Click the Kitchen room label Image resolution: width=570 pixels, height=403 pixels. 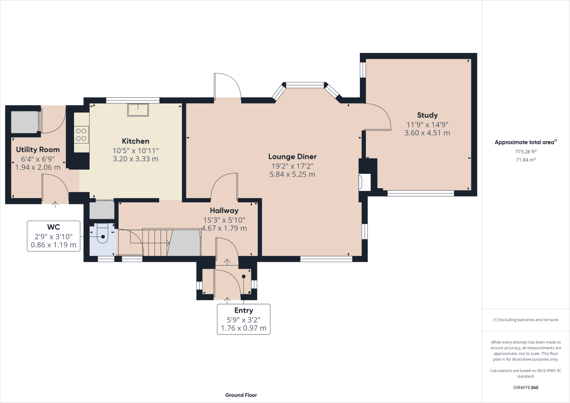tap(136, 141)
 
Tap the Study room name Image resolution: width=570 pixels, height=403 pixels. tap(427, 115)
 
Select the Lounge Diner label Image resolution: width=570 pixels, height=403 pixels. tap(292, 157)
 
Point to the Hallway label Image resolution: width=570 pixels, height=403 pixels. tap(224, 211)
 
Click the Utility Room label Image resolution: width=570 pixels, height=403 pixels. tap(38, 150)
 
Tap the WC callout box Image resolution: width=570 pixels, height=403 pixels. tap(53, 236)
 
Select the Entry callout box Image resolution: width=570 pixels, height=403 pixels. tap(244, 319)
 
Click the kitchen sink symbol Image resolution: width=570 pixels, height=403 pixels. tap(138, 110)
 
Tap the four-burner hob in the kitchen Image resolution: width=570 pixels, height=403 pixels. tap(81, 135)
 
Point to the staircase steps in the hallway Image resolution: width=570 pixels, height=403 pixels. tap(156, 242)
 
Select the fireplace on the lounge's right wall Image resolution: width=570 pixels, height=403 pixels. tap(365, 182)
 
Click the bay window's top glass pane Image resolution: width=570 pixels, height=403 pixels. tap(305, 85)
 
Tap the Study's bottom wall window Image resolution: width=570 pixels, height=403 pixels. tap(421, 193)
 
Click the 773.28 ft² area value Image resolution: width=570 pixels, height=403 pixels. tap(526, 152)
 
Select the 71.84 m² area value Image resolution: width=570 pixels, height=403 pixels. tap(526, 160)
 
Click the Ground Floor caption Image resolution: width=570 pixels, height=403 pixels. tap(241, 395)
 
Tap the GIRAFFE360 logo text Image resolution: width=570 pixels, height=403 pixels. tap(526, 387)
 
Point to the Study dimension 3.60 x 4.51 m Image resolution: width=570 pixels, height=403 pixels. tap(427, 133)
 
